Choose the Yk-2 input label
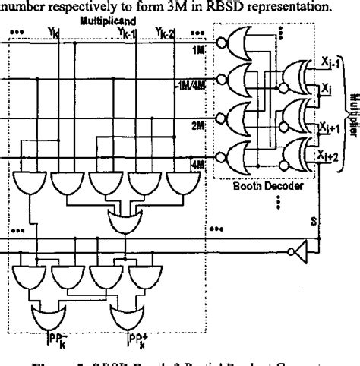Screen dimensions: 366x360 coord(166,32)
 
